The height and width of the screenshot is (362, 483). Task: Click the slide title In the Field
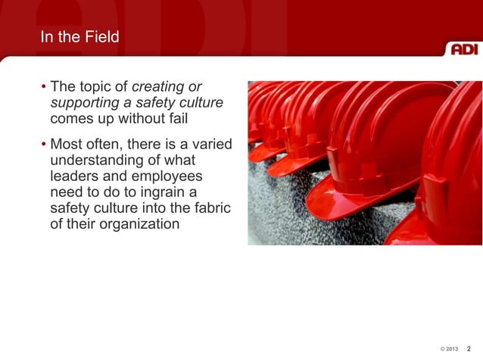(79, 37)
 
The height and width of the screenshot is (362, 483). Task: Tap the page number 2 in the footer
(469, 348)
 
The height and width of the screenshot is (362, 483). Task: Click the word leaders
(73, 177)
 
